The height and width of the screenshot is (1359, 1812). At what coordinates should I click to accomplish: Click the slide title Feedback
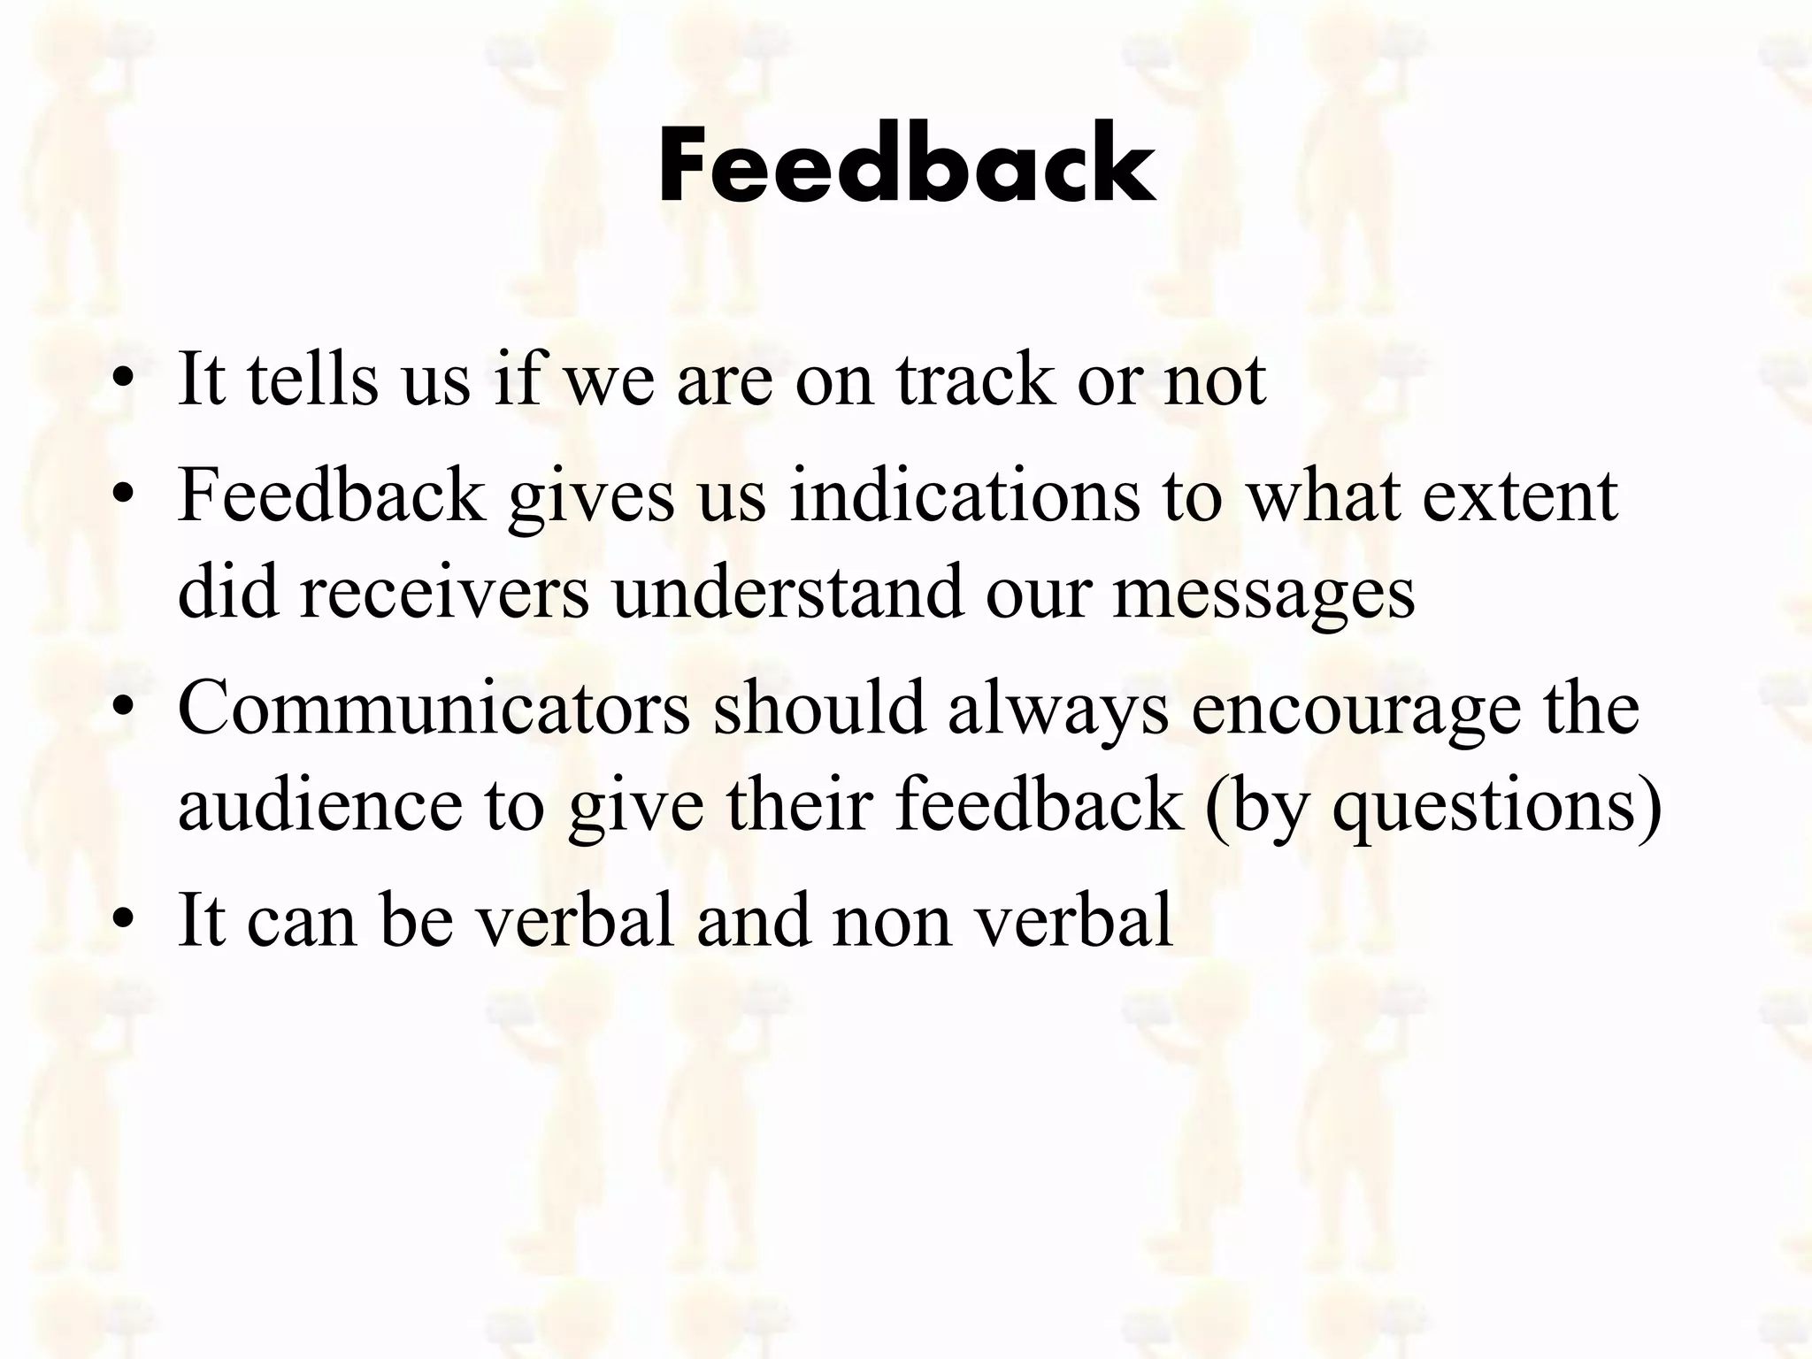[907, 165]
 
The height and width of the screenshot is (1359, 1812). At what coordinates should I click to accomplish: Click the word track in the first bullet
[976, 380]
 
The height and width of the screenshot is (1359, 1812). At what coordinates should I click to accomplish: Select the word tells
[314, 380]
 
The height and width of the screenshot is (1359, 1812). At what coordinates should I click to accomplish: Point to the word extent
[1520, 496]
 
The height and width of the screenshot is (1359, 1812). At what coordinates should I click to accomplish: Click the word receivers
[444, 592]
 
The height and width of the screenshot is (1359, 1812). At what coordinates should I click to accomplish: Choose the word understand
[787, 592]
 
